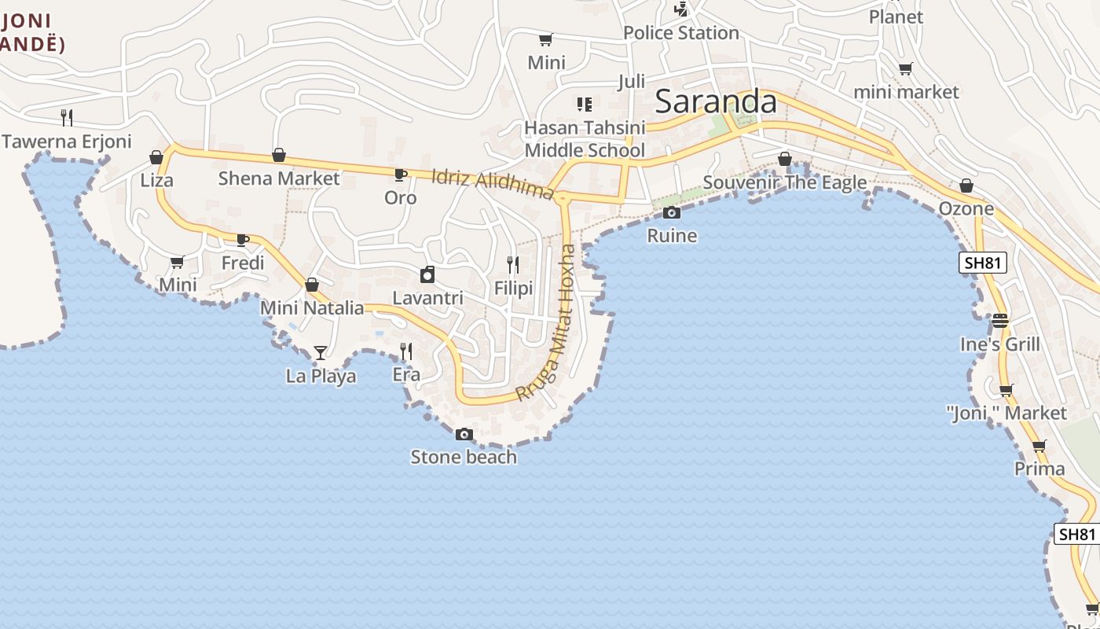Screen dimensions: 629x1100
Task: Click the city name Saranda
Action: click(716, 101)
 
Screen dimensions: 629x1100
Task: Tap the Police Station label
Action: click(680, 33)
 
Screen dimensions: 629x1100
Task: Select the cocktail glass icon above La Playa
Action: click(320, 352)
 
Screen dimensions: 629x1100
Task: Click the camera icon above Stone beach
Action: click(464, 434)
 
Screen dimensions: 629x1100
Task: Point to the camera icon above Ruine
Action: click(672, 212)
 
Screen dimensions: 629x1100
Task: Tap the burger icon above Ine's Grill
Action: click(1000, 321)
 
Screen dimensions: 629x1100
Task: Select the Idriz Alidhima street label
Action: click(493, 183)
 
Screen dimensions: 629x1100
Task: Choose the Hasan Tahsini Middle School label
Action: click(585, 139)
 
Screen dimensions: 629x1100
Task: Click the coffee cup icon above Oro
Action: click(400, 175)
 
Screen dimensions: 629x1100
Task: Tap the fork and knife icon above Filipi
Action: click(513, 265)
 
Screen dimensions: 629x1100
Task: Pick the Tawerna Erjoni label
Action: click(67, 142)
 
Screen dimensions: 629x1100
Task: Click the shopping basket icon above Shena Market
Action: click(279, 156)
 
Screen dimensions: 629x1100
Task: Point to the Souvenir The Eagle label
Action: click(785, 183)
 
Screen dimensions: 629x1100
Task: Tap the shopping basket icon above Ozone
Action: click(966, 186)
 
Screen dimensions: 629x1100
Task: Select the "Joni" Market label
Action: click(1006, 413)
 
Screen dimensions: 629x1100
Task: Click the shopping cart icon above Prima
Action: click(1039, 447)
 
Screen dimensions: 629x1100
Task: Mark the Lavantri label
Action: click(427, 298)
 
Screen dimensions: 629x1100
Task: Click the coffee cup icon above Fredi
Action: click(243, 240)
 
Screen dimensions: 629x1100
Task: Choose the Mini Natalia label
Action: click(312, 307)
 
